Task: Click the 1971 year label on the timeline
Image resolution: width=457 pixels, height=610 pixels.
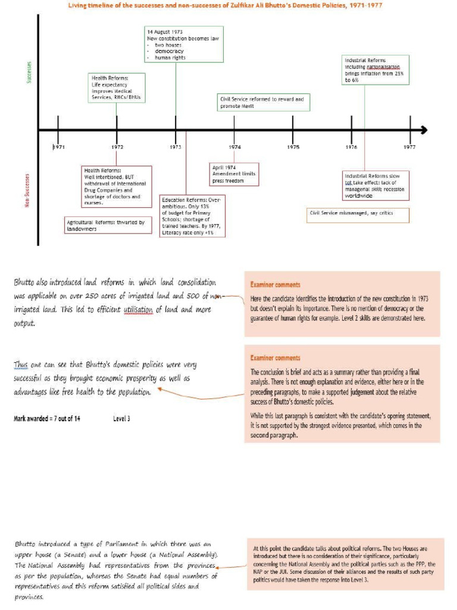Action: (58, 147)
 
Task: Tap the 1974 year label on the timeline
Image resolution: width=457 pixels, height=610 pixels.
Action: (234, 147)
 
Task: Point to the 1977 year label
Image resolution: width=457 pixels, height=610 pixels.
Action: (409, 147)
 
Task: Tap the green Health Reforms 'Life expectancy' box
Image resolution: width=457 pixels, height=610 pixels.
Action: (117, 88)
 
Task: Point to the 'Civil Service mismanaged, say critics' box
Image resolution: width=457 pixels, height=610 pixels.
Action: (358, 213)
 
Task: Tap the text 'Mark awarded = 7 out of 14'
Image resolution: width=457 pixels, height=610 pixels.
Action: (47, 419)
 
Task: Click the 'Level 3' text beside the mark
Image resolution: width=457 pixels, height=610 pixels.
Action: (121, 419)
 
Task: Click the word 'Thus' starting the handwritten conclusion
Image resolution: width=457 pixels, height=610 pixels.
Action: (22, 365)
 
